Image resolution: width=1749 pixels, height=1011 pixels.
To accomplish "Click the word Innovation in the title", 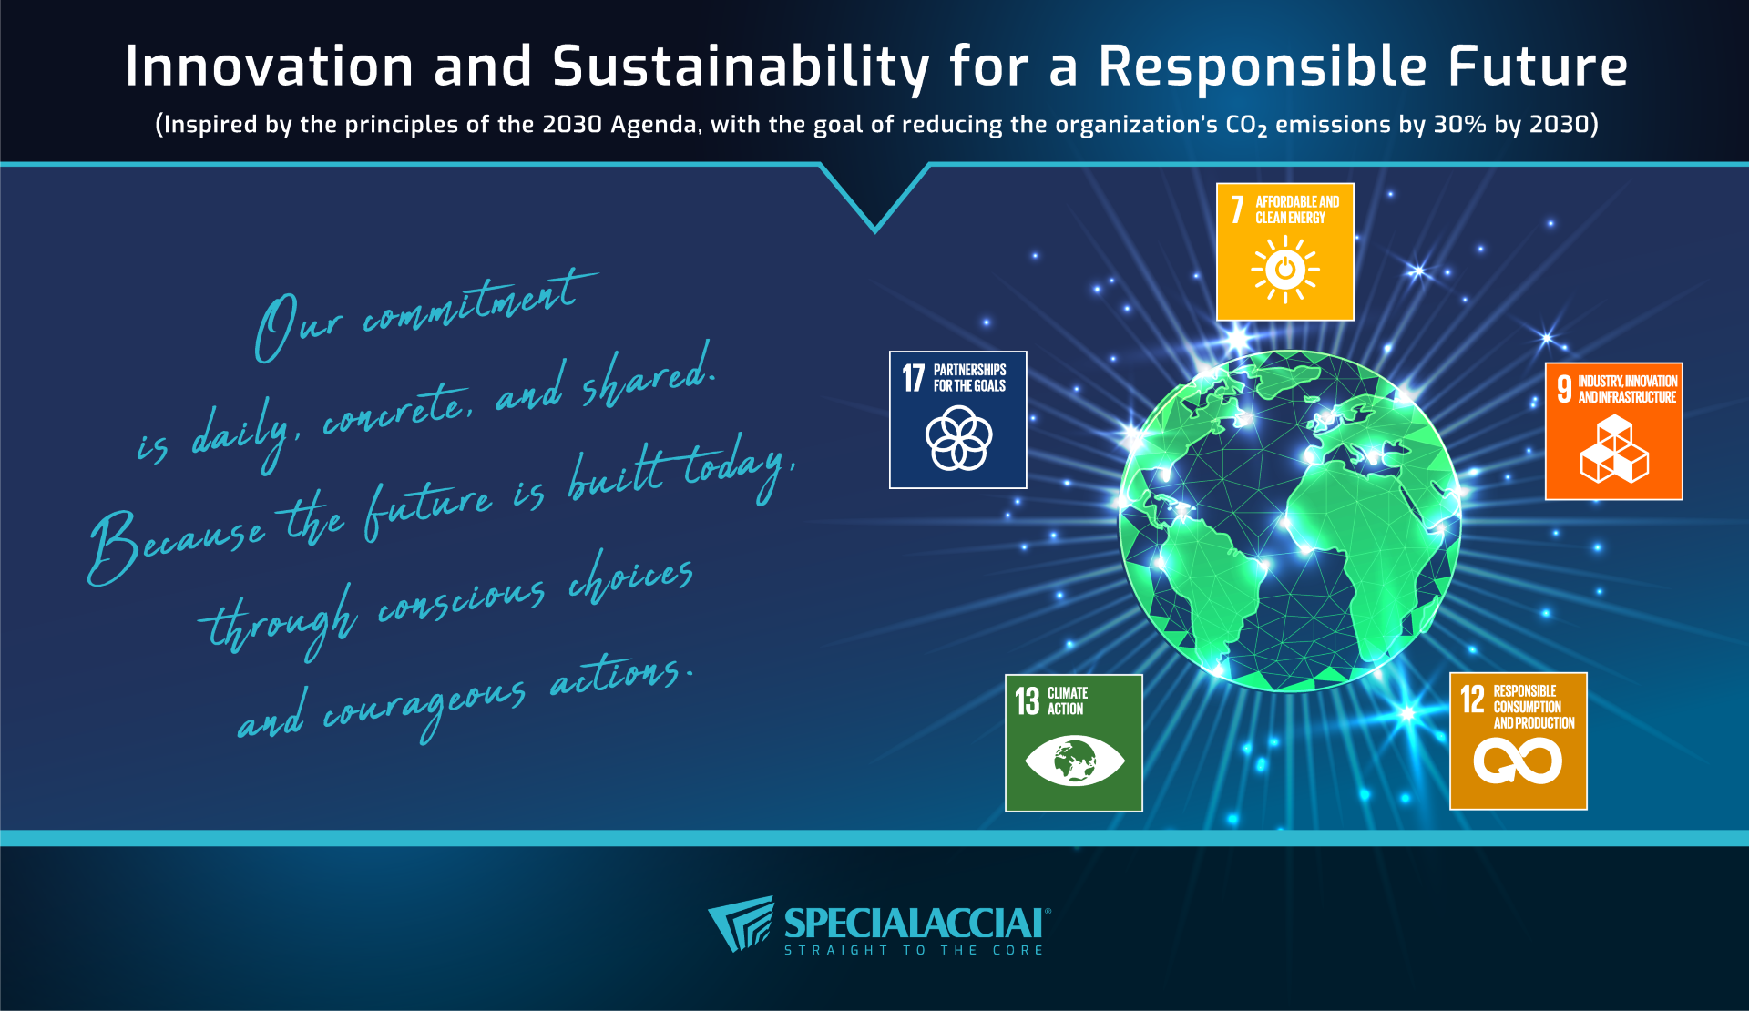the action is [270, 66].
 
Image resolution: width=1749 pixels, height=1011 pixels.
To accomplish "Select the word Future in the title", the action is [1538, 66].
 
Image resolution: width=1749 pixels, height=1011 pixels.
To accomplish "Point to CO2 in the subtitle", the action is [1246, 126].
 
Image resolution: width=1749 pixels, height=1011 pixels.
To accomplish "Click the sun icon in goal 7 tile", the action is [1285, 270].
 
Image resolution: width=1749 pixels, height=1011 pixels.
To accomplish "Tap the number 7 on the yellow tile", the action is [1237, 209].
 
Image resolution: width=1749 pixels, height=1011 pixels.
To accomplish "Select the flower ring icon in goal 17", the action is [958, 438].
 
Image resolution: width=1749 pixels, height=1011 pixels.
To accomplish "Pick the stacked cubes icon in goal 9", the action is [1614, 449].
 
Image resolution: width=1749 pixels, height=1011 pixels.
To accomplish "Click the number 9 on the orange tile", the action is [1564, 389].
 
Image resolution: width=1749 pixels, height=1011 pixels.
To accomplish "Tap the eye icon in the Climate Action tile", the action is [1074, 761].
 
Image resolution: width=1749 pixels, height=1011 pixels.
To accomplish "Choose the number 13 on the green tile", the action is [1028, 701].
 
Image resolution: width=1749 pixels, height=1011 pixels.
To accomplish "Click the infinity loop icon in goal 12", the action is [1518, 761].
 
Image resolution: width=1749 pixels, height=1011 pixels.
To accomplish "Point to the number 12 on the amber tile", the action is [1472, 700].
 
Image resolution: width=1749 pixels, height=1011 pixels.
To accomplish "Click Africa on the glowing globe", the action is [1362, 537].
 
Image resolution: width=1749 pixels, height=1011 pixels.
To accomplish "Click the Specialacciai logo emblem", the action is [741, 924].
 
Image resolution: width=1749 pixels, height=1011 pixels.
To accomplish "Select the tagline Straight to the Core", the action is [914, 950].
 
